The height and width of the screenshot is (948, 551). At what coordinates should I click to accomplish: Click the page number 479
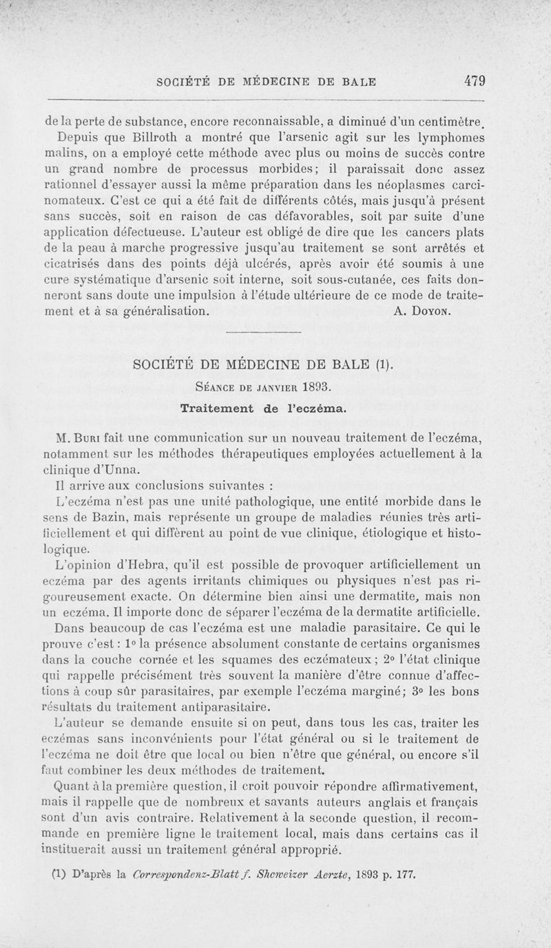tap(475, 80)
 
